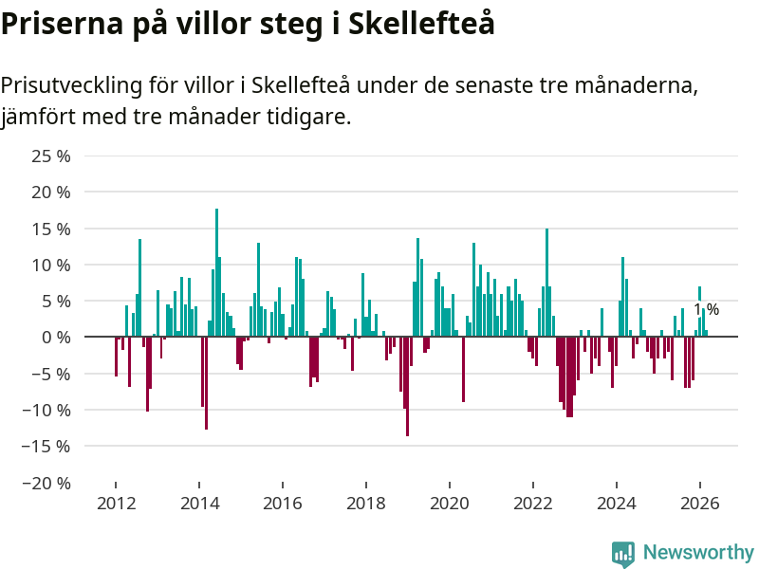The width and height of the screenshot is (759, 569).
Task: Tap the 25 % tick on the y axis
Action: (52, 156)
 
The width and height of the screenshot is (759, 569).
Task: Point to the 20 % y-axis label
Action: (52, 192)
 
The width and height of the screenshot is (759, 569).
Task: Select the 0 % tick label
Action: (57, 337)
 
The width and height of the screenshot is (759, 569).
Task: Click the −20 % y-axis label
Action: (47, 483)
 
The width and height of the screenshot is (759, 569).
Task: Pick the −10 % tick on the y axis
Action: (47, 410)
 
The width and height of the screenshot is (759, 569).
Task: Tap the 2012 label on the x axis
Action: (116, 504)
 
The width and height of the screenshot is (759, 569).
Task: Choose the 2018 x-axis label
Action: (366, 504)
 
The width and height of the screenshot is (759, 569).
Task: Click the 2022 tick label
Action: (533, 504)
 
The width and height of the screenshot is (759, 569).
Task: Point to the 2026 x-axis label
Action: (700, 504)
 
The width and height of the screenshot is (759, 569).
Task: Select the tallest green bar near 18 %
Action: (216, 272)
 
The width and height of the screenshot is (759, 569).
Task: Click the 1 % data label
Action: (706, 310)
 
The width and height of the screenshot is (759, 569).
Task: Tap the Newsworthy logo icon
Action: (623, 554)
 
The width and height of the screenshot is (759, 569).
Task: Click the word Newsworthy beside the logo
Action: (698, 552)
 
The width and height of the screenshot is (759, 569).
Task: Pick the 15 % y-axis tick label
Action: (52, 229)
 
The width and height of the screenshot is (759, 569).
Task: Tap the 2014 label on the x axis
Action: (199, 504)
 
